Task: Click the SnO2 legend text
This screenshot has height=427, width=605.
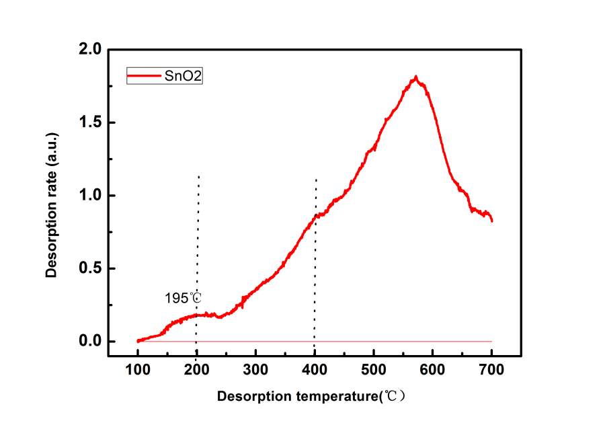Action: click(x=184, y=76)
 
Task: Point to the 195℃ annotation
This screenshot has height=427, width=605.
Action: click(x=183, y=297)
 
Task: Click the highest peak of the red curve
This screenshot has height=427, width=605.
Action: click(x=416, y=77)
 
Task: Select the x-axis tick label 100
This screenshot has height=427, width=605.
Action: click(x=137, y=369)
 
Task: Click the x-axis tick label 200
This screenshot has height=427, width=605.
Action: click(x=196, y=369)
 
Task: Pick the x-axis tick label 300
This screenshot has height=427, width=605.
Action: click(x=255, y=369)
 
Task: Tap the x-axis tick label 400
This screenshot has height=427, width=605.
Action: click(x=315, y=369)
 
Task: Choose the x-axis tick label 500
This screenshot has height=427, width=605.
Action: click(x=374, y=369)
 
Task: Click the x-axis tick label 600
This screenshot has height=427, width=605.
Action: click(x=432, y=369)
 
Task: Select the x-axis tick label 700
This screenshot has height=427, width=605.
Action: click(x=491, y=369)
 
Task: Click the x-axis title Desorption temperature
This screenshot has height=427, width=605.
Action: click(x=311, y=397)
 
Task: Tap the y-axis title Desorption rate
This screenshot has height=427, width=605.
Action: click(x=51, y=196)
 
